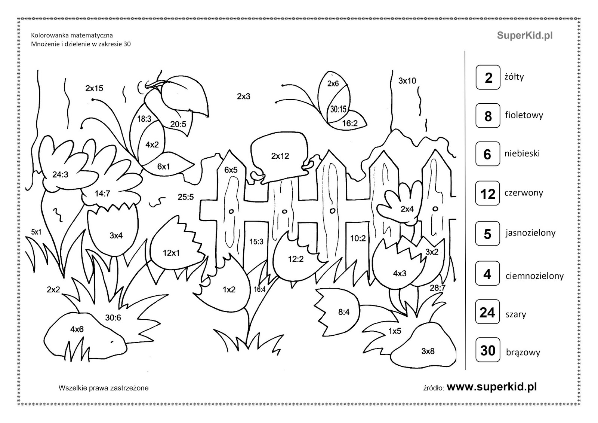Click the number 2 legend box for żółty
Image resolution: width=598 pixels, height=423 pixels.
(x=488, y=77)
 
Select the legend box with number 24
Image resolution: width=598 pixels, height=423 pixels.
(x=487, y=312)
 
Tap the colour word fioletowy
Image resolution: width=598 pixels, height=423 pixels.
(x=524, y=115)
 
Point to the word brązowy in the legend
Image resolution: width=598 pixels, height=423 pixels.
(x=523, y=352)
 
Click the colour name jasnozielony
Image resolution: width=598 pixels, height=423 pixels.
(x=530, y=233)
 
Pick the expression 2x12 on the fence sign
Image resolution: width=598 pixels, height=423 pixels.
(x=280, y=156)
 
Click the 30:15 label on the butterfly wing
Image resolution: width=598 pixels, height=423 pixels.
(x=338, y=109)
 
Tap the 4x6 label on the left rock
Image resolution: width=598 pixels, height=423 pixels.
(x=77, y=329)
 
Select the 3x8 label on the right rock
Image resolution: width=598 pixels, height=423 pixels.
(x=428, y=351)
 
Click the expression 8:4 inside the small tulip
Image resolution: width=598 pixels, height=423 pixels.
(x=344, y=311)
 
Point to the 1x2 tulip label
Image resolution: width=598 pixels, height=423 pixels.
(x=229, y=289)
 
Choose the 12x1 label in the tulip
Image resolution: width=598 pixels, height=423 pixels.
(x=171, y=253)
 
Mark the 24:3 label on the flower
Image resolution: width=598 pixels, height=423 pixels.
(x=60, y=174)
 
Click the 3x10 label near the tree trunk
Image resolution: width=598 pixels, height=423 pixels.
(x=407, y=80)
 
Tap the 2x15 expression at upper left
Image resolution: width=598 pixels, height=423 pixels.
(x=94, y=88)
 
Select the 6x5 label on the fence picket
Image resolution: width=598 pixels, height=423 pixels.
(x=231, y=170)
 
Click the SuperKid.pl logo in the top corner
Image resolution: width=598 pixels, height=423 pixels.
(x=525, y=36)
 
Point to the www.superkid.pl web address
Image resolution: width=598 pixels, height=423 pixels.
(x=492, y=387)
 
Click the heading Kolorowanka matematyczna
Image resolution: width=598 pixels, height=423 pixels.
(x=72, y=36)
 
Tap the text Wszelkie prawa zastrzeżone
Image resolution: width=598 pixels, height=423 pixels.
(x=104, y=388)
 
